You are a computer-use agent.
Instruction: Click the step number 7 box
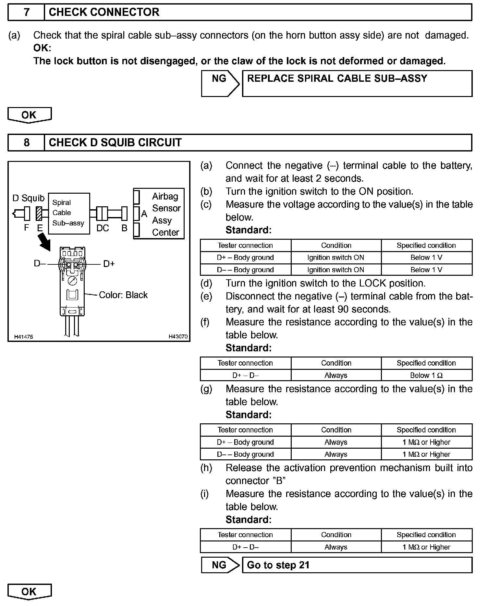pyautogui.click(x=26, y=12)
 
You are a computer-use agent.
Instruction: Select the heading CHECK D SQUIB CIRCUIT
pyautogui.click(x=115, y=143)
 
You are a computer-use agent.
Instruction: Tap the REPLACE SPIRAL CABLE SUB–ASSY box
pyautogui.click(x=357, y=83)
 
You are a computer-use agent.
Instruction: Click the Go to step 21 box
pyautogui.click(x=357, y=565)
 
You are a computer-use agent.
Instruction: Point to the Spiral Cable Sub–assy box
pyautogui.click(x=69, y=213)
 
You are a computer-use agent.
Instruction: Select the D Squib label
pyautogui.click(x=28, y=198)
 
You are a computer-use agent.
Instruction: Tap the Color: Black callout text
pyautogui.click(x=123, y=295)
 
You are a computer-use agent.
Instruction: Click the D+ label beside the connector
pyautogui.click(x=109, y=264)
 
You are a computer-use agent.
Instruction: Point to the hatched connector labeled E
pyautogui.click(x=40, y=213)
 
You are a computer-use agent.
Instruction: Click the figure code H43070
pyautogui.click(x=178, y=337)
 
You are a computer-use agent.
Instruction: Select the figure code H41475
pyautogui.click(x=23, y=337)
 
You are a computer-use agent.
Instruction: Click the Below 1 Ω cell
pyautogui.click(x=426, y=375)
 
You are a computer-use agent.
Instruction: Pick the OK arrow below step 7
pyautogui.click(x=29, y=115)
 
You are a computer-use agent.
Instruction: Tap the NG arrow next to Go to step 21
pyautogui.click(x=220, y=565)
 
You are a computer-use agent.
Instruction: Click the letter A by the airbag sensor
pyautogui.click(x=144, y=214)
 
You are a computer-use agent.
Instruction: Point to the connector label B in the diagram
pyautogui.click(x=125, y=228)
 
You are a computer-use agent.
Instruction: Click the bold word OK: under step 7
pyautogui.click(x=42, y=48)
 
